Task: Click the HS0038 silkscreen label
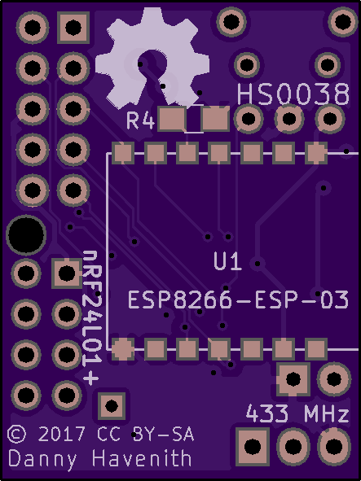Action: pyautogui.click(x=293, y=94)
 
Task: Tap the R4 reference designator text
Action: pyautogui.click(x=140, y=120)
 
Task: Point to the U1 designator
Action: pyautogui.click(x=227, y=262)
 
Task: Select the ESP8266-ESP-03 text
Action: pyautogui.click(x=238, y=300)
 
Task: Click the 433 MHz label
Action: pyautogui.click(x=297, y=413)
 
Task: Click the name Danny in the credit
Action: pyautogui.click(x=42, y=459)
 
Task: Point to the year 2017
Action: pyautogui.click(x=62, y=434)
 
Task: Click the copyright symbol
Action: pyautogui.click(x=17, y=434)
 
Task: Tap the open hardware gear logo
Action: pyautogui.click(x=152, y=59)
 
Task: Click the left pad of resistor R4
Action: pyautogui.click(x=172, y=119)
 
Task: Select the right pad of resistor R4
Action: pyautogui.click(x=215, y=119)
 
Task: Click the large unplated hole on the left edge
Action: pyautogui.click(x=26, y=235)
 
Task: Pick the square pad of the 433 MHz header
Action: pyautogui.click(x=253, y=446)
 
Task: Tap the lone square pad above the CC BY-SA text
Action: pyautogui.click(x=112, y=406)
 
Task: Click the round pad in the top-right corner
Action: pyautogui.click(x=343, y=22)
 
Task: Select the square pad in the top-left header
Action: pyautogui.click(x=73, y=28)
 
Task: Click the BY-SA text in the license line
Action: pyautogui.click(x=164, y=434)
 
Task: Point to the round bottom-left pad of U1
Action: pyautogui.click(x=123, y=349)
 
